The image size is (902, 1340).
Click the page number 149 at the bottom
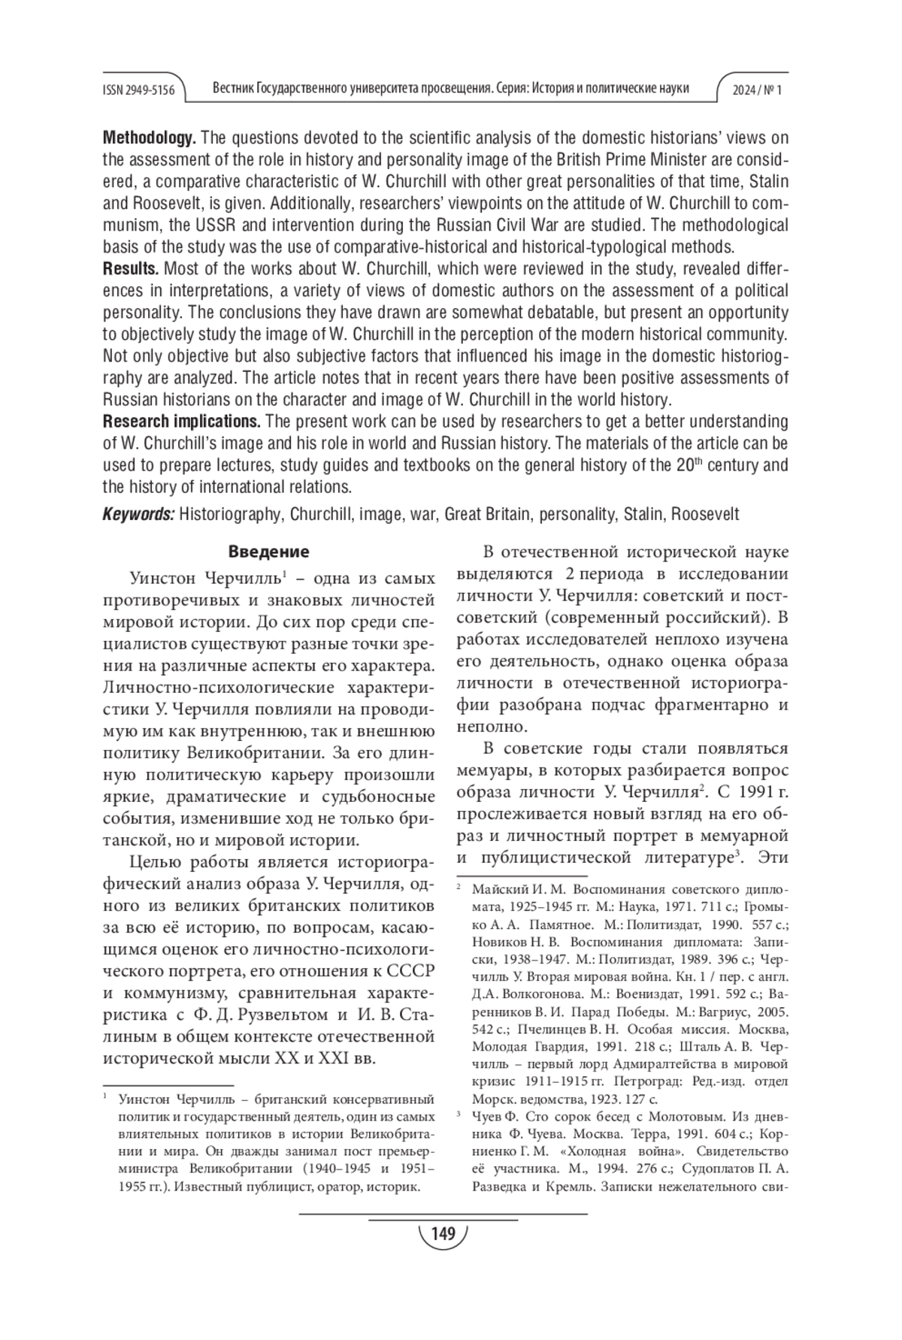(443, 1233)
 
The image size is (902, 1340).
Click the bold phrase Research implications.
(181, 421)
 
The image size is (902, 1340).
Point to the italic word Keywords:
(138, 514)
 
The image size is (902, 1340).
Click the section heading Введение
(268, 552)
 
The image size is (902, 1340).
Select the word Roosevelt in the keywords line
(705, 514)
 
